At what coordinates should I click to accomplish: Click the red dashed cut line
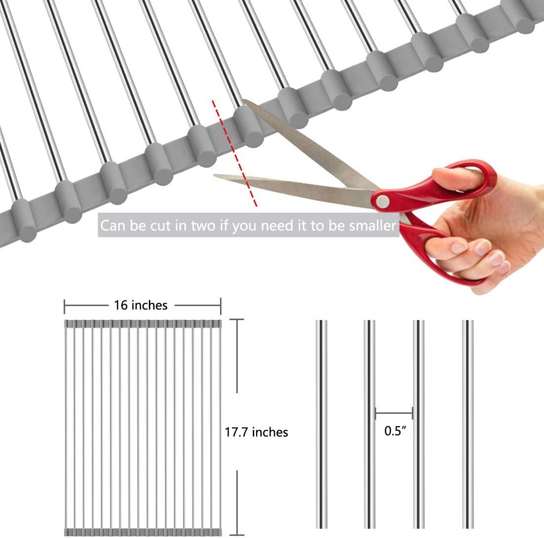pos(234,153)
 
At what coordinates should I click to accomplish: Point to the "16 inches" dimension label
pos(141,305)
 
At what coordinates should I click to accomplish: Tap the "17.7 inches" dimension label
pos(256,432)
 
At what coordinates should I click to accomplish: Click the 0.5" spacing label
pos(395,431)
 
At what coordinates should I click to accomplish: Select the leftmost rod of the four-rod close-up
pos(321,424)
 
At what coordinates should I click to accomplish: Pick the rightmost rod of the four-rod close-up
pos(468,424)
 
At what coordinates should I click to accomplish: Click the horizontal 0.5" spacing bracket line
pos(394,413)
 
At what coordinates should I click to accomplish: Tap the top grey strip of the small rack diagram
pos(143,323)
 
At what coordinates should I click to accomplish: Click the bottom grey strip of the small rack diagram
pos(143,532)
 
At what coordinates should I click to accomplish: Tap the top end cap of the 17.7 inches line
pos(237,319)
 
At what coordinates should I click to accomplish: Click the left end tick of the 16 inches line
pos(64,306)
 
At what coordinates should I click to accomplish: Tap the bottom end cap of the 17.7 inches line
pos(237,535)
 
